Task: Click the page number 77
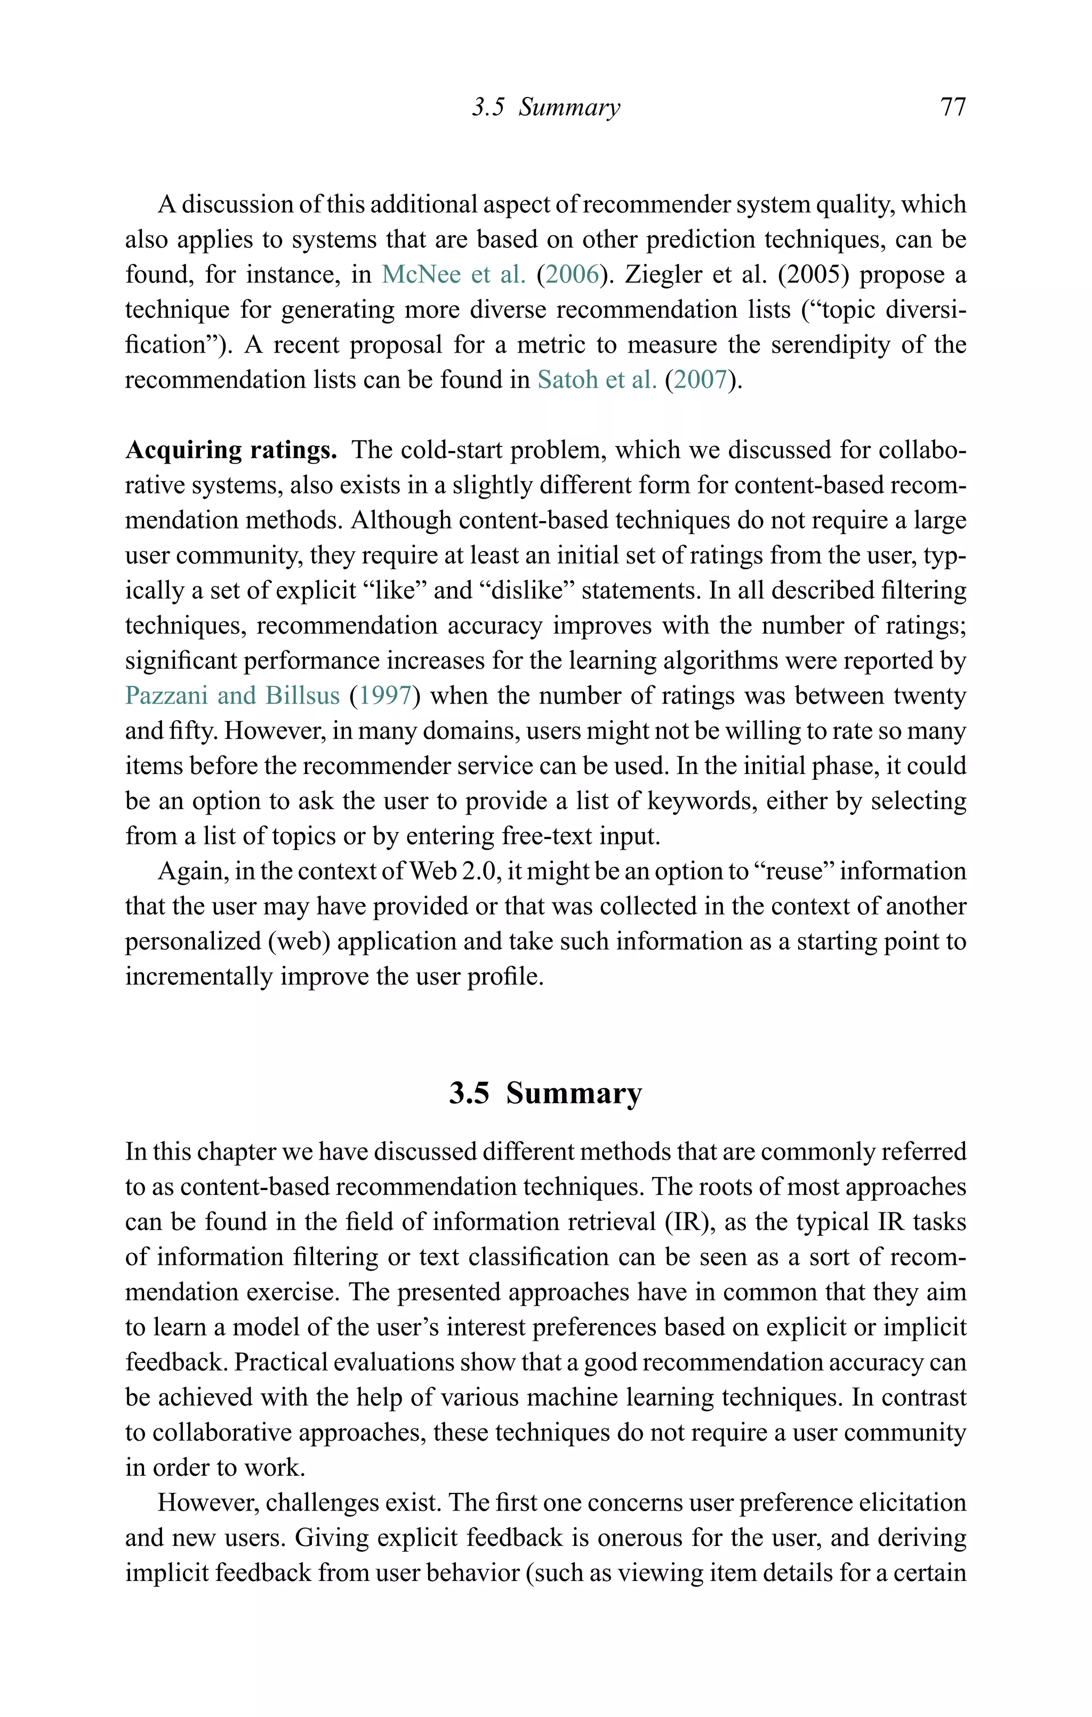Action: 953,107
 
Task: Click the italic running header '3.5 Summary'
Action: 546,107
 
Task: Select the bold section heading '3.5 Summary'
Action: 545,1092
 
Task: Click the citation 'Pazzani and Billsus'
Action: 232,695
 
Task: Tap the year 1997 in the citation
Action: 385,695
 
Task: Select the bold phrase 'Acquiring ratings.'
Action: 231,450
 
